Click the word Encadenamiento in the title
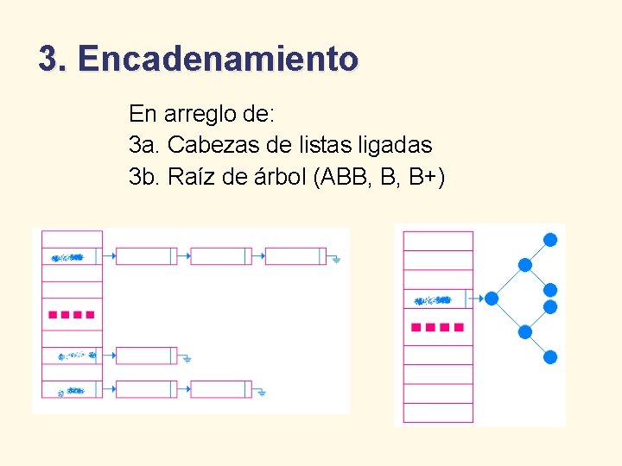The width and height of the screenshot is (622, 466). click(x=217, y=60)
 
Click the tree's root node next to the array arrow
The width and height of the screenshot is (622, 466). click(x=492, y=299)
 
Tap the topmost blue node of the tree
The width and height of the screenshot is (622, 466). click(x=549, y=239)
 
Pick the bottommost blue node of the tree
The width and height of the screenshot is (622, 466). click(x=549, y=356)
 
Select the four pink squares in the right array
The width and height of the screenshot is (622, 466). click(x=437, y=328)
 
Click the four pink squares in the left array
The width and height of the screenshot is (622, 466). click(x=72, y=315)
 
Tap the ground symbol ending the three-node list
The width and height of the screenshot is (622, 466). click(x=336, y=258)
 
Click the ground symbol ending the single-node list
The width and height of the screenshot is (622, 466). click(x=186, y=357)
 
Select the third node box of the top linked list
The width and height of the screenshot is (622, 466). click(x=295, y=256)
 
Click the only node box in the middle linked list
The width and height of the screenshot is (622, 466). click(x=145, y=355)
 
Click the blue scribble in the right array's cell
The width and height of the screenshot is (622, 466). click(x=432, y=300)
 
